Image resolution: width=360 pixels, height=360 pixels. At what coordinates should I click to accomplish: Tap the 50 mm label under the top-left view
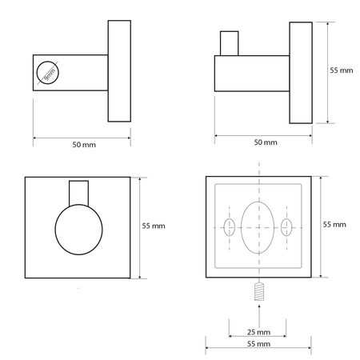tap(84, 145)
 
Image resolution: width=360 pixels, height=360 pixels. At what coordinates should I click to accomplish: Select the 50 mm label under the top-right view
tap(266, 142)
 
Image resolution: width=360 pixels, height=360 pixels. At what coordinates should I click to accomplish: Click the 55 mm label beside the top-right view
tap(342, 70)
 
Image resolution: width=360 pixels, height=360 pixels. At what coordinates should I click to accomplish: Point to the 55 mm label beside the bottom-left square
tap(154, 226)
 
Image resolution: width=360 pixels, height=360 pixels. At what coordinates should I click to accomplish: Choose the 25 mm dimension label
tap(258, 332)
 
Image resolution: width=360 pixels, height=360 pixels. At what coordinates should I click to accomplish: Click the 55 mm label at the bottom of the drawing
tap(258, 344)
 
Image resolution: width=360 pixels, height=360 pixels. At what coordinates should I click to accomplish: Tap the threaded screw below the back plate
tap(259, 291)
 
